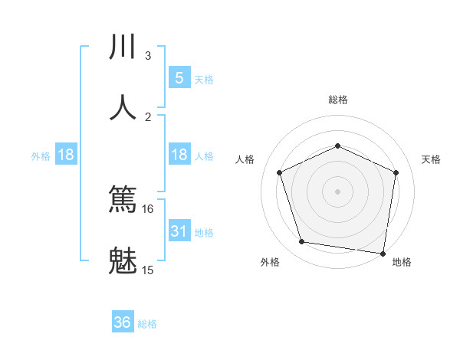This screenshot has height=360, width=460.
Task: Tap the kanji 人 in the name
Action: (x=123, y=107)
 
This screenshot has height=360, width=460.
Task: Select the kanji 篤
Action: (x=123, y=201)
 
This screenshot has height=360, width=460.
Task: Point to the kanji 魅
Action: (x=123, y=260)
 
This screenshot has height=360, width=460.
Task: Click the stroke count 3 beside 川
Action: (x=148, y=56)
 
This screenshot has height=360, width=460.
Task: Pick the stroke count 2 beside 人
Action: (x=148, y=116)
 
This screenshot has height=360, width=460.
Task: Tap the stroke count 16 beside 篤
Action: (x=148, y=209)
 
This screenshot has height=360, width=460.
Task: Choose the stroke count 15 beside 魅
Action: (x=148, y=270)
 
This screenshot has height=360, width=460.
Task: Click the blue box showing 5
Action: (x=179, y=78)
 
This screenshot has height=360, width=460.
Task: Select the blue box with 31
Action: (x=179, y=231)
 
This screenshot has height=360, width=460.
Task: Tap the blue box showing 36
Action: (x=123, y=322)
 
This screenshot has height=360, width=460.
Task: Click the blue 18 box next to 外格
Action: (x=66, y=155)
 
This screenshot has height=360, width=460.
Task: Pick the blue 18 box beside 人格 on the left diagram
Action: (x=179, y=155)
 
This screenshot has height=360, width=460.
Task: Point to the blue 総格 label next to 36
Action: (x=147, y=324)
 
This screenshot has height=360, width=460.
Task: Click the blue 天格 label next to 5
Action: (x=204, y=80)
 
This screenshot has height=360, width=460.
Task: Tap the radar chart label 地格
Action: (x=402, y=263)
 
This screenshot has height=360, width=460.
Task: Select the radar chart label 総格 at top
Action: (x=338, y=100)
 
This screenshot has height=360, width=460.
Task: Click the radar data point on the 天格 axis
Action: (x=396, y=172)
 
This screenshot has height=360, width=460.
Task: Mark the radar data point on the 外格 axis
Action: (x=302, y=242)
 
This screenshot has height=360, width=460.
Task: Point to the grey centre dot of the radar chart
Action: (x=337, y=191)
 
